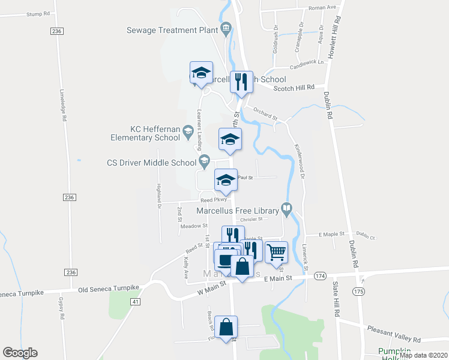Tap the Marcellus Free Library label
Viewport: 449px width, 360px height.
238,211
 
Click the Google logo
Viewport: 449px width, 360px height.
20,353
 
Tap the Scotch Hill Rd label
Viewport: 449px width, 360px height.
294,88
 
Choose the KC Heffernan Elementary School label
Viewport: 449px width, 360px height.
145,133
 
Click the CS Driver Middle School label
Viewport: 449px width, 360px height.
152,162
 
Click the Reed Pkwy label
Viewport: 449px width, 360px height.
212,200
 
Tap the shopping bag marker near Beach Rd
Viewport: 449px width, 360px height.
226,328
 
